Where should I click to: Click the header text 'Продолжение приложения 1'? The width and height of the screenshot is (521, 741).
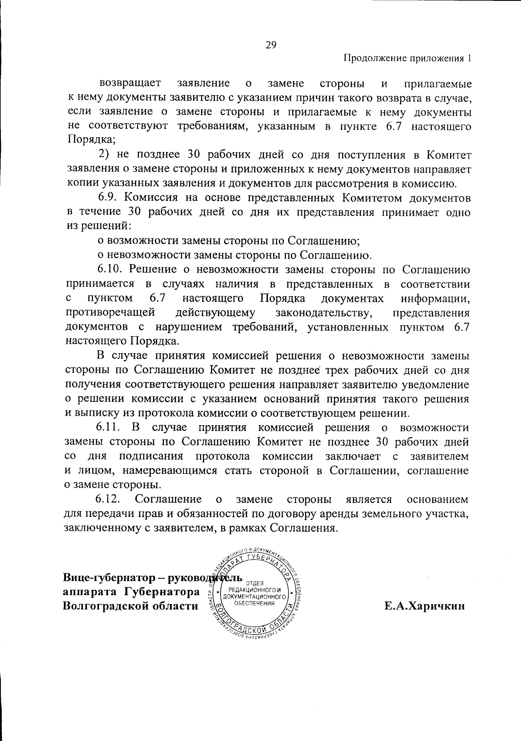407,59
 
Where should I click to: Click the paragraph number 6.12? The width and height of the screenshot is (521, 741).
111,499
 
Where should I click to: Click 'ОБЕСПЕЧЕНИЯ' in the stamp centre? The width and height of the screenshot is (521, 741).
254,603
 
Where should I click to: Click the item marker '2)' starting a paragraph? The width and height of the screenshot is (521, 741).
103,155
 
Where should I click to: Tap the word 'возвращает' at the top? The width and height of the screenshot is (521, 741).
131,83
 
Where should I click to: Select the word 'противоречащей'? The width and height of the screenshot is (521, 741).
110,313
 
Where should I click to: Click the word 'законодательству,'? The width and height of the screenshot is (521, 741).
324,313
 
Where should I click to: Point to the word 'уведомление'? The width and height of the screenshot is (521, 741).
435,385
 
